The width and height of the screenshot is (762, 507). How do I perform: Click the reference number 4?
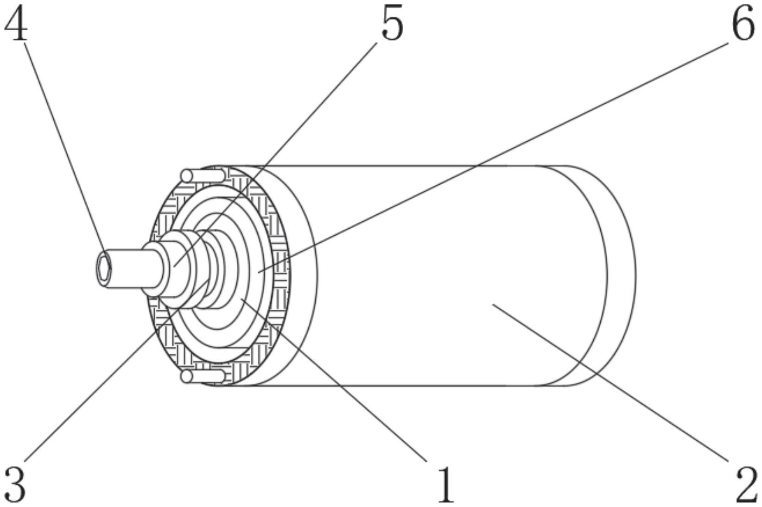(x=16, y=23)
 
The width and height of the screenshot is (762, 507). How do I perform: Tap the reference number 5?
(x=392, y=23)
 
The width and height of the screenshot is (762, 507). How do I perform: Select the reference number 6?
(x=743, y=23)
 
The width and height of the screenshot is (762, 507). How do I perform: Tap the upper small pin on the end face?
(x=203, y=175)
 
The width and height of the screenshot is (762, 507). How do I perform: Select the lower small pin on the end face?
(x=203, y=376)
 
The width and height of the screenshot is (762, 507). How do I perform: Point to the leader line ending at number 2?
(x=610, y=383)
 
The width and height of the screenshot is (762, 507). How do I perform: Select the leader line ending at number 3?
(x=117, y=371)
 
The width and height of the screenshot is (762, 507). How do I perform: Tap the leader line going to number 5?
(x=275, y=155)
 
